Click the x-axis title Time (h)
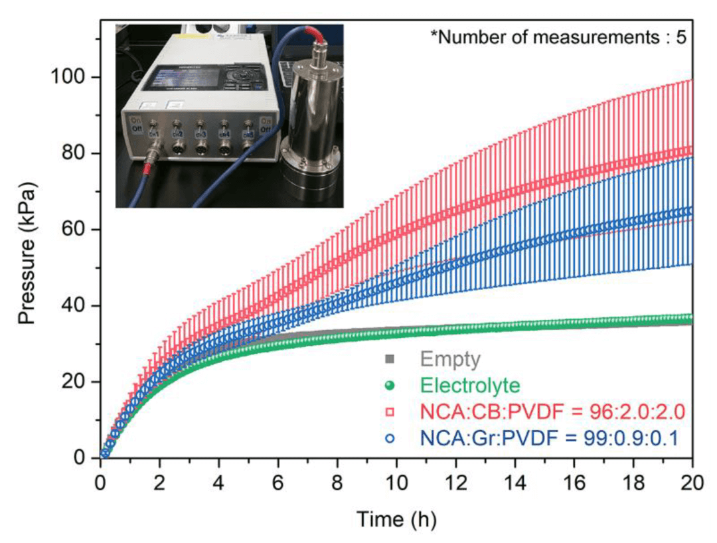click(x=397, y=518)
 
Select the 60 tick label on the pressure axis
click(x=74, y=230)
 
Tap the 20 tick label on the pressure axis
click(x=74, y=382)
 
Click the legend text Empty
click(x=449, y=360)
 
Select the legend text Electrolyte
click(x=470, y=385)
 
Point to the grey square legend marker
click(x=390, y=360)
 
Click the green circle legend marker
click(x=390, y=386)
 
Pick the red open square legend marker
click(x=390, y=412)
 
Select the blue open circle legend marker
click(x=390, y=438)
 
